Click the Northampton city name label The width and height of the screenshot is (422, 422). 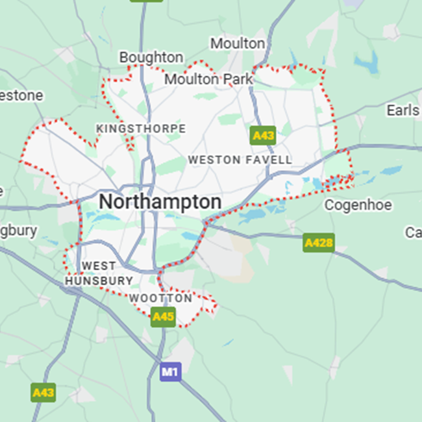[160, 202]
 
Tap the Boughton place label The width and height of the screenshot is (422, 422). [151, 58]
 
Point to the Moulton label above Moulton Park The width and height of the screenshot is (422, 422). [238, 43]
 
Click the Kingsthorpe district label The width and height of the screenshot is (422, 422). [141, 129]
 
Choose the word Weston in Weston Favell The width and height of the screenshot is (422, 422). [208, 160]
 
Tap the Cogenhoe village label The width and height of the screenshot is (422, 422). [358, 205]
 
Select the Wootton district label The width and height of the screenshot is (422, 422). [161, 298]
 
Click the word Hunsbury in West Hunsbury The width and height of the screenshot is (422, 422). [99, 281]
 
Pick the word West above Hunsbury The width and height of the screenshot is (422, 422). [99, 266]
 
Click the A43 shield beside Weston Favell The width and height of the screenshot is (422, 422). [263, 135]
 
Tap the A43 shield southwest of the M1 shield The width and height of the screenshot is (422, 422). [43, 392]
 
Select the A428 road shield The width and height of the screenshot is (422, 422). [318, 243]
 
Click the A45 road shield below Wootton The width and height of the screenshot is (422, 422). [163, 317]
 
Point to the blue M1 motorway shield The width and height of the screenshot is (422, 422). [170, 372]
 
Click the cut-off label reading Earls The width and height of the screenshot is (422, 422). [403, 110]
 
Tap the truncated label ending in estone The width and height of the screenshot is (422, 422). [21, 95]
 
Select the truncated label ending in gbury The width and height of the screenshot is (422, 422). [19, 230]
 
